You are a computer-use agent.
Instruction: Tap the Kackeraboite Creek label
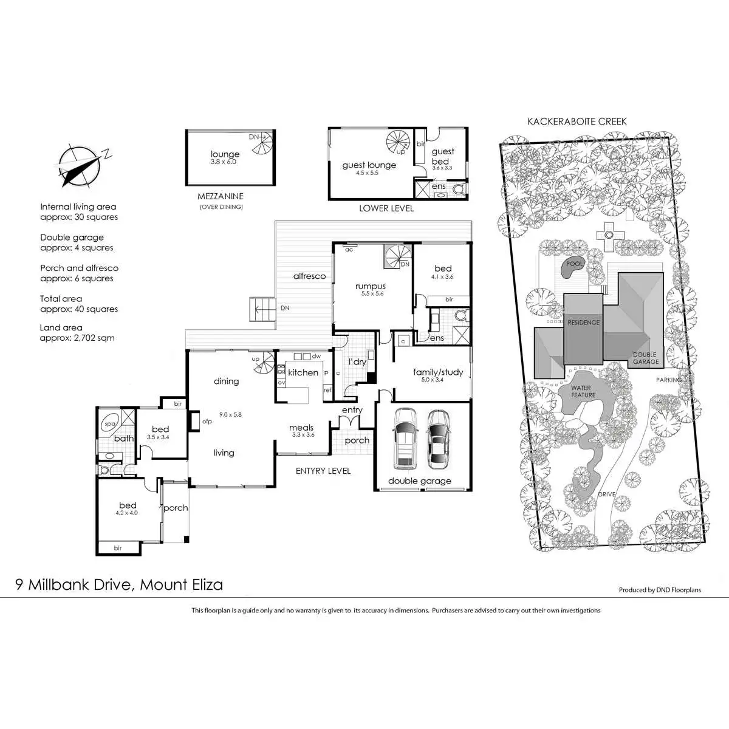point(577,122)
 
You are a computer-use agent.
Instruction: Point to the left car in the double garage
point(405,439)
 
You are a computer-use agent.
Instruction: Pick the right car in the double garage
point(437,439)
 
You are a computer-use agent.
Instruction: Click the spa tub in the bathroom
point(111,424)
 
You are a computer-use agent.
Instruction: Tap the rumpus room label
point(371,286)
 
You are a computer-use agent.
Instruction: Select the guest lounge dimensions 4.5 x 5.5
point(367,173)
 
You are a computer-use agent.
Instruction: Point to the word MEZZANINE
point(221,196)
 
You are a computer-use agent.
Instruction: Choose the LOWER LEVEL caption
point(386,208)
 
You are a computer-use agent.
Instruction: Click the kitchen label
point(303,372)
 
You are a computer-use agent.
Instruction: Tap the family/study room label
point(438,372)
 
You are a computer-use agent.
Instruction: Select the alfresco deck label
point(309,276)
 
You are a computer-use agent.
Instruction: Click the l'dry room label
point(357,362)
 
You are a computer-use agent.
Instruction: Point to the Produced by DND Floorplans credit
point(660,590)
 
